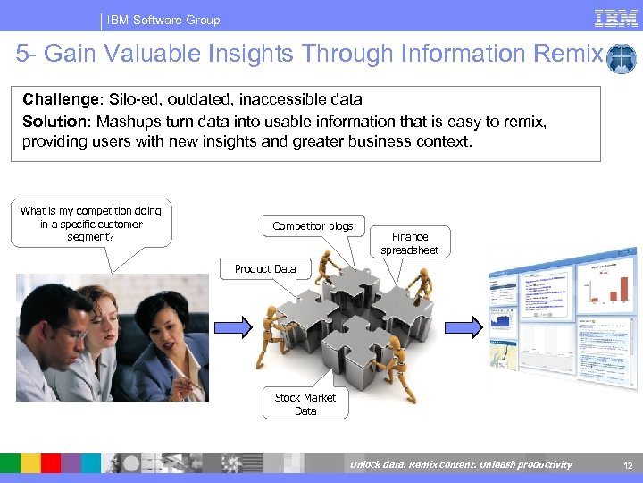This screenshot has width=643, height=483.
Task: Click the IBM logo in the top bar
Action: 615,18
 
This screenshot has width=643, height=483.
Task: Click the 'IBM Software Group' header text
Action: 163,20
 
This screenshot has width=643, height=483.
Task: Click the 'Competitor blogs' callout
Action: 313,226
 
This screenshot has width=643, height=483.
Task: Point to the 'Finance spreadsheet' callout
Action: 409,243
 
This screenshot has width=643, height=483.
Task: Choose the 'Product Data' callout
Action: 264,268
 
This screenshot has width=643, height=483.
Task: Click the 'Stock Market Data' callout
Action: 305,404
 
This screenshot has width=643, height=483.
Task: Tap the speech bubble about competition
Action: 90,224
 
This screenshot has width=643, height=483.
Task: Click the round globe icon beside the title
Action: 621,59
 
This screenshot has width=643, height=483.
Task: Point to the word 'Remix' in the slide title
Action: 569,55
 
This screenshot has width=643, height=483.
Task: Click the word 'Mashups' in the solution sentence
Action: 127,121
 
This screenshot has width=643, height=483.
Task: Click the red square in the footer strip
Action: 50,463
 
